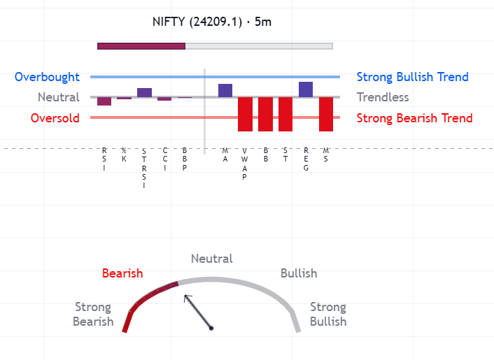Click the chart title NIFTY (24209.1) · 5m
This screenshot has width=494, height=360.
point(211,22)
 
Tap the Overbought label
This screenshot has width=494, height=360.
point(47,77)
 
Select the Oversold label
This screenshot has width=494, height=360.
point(55,118)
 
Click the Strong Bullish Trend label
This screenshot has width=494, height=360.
point(412,77)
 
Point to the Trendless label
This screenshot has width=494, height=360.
point(383,97)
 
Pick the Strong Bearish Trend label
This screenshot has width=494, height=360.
point(414,118)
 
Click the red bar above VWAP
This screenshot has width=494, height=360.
point(245,114)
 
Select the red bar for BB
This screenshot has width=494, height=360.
point(265,114)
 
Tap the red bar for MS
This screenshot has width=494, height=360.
point(326,114)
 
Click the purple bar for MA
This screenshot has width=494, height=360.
point(225,90)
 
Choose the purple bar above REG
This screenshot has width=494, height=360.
point(306,89)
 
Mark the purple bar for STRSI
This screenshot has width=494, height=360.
point(144,92)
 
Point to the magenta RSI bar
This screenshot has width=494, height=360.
point(104,101)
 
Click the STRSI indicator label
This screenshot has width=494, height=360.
point(144,168)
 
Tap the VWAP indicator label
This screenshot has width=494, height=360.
point(245,164)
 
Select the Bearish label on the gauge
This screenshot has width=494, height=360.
point(122,273)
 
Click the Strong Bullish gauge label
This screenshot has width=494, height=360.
point(328,315)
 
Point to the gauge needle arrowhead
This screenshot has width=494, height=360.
point(186,297)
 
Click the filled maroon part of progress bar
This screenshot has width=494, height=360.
point(141,46)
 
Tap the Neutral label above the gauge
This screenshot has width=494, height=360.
point(212,259)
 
